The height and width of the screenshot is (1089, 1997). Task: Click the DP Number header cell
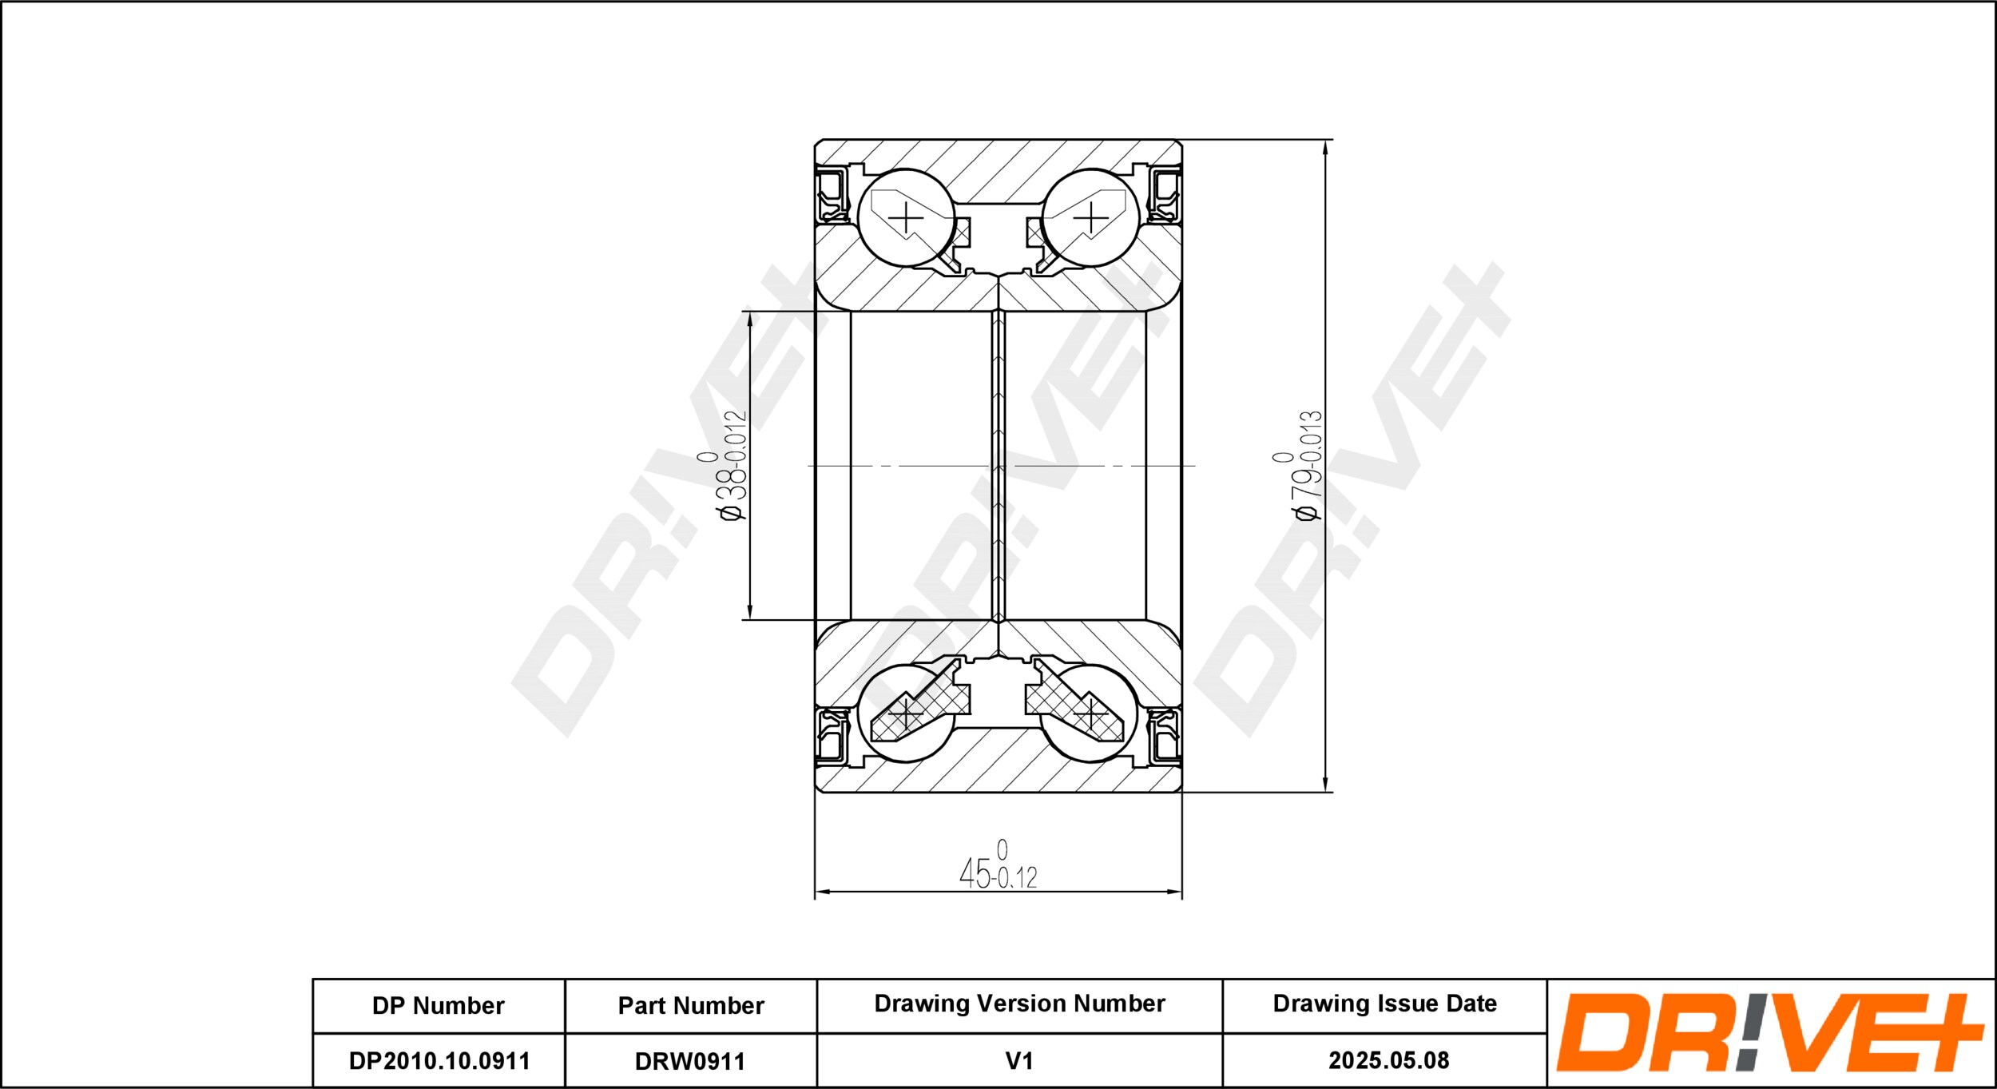[x=438, y=1005]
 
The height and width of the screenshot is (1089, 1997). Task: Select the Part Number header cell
[x=691, y=1005]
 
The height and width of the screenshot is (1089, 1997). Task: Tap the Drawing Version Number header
[x=1019, y=1004]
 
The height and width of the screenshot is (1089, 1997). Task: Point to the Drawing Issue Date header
[x=1384, y=1004]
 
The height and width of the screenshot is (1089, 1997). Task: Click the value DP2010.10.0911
[x=439, y=1061]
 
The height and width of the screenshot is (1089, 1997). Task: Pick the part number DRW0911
[x=690, y=1061]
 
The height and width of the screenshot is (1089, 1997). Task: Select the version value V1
[x=1019, y=1061]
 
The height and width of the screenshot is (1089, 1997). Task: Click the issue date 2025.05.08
[x=1388, y=1060]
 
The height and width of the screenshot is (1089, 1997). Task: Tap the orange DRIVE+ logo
[x=1769, y=1032]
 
